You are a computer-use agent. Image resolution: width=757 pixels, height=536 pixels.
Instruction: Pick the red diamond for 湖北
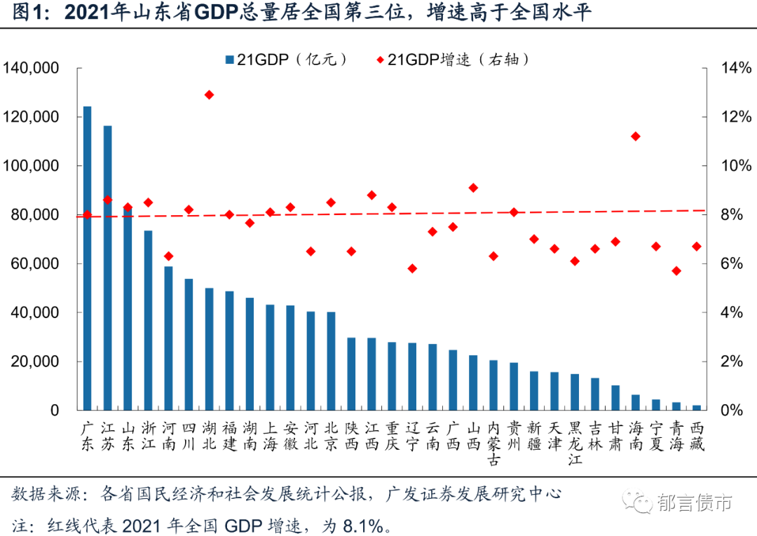(x=209, y=95)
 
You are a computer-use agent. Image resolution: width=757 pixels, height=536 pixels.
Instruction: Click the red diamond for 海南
(x=636, y=136)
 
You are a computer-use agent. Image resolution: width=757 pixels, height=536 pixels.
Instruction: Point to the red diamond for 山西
(x=473, y=188)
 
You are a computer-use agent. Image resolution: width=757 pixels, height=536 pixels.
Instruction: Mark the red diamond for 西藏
(x=697, y=247)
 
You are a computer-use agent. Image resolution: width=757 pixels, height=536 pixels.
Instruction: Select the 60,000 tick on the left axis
(x=34, y=264)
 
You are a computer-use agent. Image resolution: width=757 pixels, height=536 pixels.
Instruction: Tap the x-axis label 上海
(x=271, y=436)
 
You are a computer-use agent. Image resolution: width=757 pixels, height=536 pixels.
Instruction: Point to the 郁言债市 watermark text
(x=694, y=502)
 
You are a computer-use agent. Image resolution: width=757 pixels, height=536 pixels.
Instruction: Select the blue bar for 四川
(x=189, y=344)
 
